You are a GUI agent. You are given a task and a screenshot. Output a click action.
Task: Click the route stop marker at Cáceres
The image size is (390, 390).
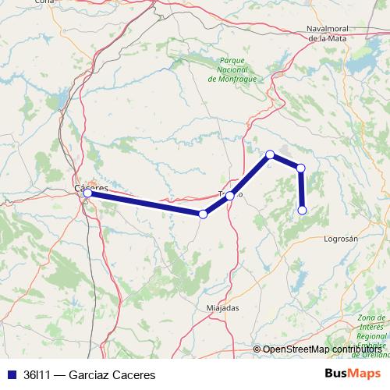[87, 193]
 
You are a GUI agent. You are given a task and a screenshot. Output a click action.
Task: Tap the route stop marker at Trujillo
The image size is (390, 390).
[230, 196]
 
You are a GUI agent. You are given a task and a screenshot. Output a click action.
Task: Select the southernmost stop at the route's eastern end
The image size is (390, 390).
[303, 210]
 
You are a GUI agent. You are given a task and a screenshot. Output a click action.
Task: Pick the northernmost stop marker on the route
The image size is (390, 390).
[270, 154]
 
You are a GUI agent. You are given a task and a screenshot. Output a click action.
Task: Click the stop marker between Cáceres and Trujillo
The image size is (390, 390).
[203, 214]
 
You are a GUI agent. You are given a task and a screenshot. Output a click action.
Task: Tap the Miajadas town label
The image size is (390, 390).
[222, 307]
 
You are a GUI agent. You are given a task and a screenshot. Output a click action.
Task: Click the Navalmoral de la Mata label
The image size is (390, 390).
[336, 33]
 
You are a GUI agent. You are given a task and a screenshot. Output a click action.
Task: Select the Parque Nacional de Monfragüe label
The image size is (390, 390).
[233, 69]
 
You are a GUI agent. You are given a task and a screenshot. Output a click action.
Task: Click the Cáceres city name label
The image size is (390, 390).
[90, 187]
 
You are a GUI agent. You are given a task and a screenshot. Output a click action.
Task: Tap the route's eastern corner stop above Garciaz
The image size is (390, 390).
[300, 168]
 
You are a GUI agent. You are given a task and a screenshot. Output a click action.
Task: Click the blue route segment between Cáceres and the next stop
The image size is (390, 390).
[145, 203]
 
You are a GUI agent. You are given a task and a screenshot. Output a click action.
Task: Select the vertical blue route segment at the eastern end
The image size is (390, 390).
[301, 189]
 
